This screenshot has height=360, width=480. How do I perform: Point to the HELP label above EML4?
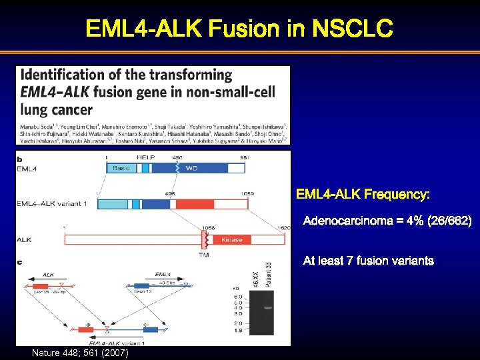coord(146,157)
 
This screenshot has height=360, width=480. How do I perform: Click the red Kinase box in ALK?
coord(231,239)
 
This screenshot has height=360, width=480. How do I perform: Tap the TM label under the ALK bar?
coord(204,254)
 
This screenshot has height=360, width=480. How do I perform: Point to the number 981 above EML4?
coord(245,157)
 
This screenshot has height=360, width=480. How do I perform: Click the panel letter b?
coord(19,159)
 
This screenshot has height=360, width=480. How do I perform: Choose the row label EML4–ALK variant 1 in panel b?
coord(52,203)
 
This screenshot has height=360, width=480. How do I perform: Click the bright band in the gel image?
coord(267,307)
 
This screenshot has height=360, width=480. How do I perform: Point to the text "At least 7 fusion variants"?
coord(368,261)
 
